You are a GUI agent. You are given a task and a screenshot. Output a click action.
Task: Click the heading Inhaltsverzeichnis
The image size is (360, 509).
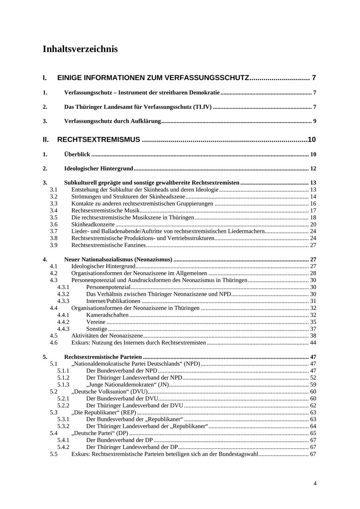[80, 49]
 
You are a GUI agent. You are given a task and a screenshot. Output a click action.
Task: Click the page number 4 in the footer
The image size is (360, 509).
[315, 483]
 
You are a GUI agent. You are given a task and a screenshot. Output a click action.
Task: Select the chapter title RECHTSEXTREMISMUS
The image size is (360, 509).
[99, 140]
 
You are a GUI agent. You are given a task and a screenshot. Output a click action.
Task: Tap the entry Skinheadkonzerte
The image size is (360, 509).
[93, 224]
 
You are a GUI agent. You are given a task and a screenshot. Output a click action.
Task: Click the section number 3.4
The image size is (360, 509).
[54, 210]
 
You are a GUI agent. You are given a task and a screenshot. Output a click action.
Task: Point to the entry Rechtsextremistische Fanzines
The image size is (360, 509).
[108, 245]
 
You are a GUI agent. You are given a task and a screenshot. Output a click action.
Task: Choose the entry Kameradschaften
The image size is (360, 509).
[107, 315]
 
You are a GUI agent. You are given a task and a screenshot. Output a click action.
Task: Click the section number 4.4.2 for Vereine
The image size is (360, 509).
[63, 322]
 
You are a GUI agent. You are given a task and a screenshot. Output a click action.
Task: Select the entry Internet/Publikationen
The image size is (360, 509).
[113, 301]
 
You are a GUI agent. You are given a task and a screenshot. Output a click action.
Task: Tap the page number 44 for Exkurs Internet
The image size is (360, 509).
[313, 343]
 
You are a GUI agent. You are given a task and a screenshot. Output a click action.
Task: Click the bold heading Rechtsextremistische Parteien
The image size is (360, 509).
[103, 357]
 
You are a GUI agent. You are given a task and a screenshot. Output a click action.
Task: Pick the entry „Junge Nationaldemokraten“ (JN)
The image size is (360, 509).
[128, 385]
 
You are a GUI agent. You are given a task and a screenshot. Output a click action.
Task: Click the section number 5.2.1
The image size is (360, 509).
[63, 399]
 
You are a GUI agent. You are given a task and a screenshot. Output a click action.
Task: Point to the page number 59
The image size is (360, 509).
[313, 385]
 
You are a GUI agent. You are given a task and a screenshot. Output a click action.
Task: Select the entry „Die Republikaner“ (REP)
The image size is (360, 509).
[104, 413]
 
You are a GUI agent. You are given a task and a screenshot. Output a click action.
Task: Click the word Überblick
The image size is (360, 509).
[77, 154]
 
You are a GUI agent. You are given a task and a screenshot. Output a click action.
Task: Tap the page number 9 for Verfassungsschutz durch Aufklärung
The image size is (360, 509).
[314, 121]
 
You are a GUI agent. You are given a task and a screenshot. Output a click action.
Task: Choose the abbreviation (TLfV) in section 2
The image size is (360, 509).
[202, 107]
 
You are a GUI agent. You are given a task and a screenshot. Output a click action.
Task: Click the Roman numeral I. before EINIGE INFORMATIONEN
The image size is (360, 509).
[45, 78]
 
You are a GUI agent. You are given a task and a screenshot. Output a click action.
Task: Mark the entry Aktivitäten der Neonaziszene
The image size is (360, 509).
[107, 336]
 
